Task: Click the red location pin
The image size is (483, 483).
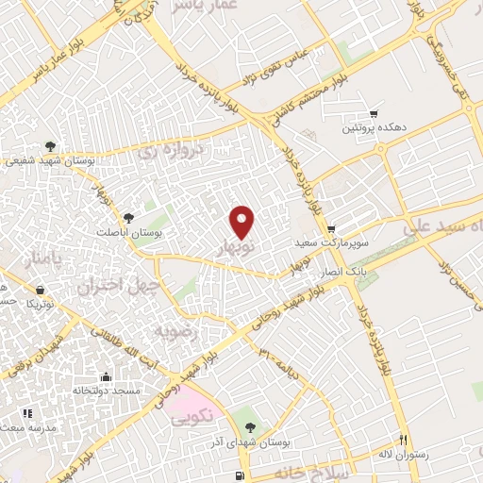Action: (x=243, y=222)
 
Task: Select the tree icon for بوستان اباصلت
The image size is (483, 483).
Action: (x=127, y=218)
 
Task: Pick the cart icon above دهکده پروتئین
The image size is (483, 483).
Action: (x=375, y=112)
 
